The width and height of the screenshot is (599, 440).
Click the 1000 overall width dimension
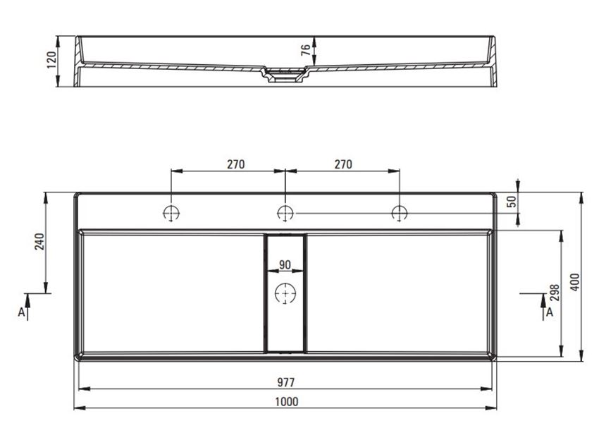click(287, 402)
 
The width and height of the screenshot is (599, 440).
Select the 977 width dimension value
click(285, 382)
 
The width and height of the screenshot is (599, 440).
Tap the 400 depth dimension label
click(575, 282)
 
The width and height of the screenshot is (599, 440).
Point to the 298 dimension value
click(555, 293)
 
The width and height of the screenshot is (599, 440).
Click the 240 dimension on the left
click(39, 241)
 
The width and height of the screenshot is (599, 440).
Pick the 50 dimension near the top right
click(512, 201)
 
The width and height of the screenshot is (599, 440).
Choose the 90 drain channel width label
click(285, 264)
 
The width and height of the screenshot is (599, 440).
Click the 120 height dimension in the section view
click(51, 60)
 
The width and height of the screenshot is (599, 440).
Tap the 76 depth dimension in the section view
click(306, 50)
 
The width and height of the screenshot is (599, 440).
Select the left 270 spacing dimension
click(235, 164)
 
